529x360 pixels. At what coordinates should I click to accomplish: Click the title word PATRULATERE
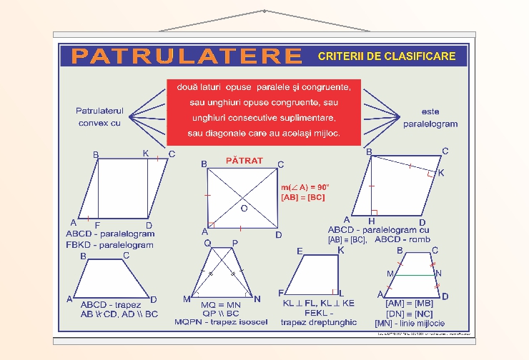tap(187, 56)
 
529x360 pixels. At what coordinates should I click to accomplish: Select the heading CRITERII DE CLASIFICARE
tap(387, 56)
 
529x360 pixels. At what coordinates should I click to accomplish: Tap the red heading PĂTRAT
tap(244, 161)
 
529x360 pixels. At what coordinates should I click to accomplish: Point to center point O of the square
tap(244, 208)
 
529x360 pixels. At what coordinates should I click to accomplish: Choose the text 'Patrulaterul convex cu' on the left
tap(100, 117)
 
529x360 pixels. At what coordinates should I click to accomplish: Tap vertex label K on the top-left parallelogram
tap(146, 154)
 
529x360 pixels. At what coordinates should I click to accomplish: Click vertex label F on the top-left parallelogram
tap(97, 224)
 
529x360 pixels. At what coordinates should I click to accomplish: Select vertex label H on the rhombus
tap(372, 221)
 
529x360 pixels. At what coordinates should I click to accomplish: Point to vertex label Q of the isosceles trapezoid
tap(208, 243)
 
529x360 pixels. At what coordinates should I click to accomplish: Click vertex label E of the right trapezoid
tap(300, 251)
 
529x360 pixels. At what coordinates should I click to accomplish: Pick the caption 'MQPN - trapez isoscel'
tap(221, 322)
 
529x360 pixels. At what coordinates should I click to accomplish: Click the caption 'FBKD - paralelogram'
tap(109, 244)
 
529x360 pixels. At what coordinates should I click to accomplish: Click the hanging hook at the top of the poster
tap(264, 11)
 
